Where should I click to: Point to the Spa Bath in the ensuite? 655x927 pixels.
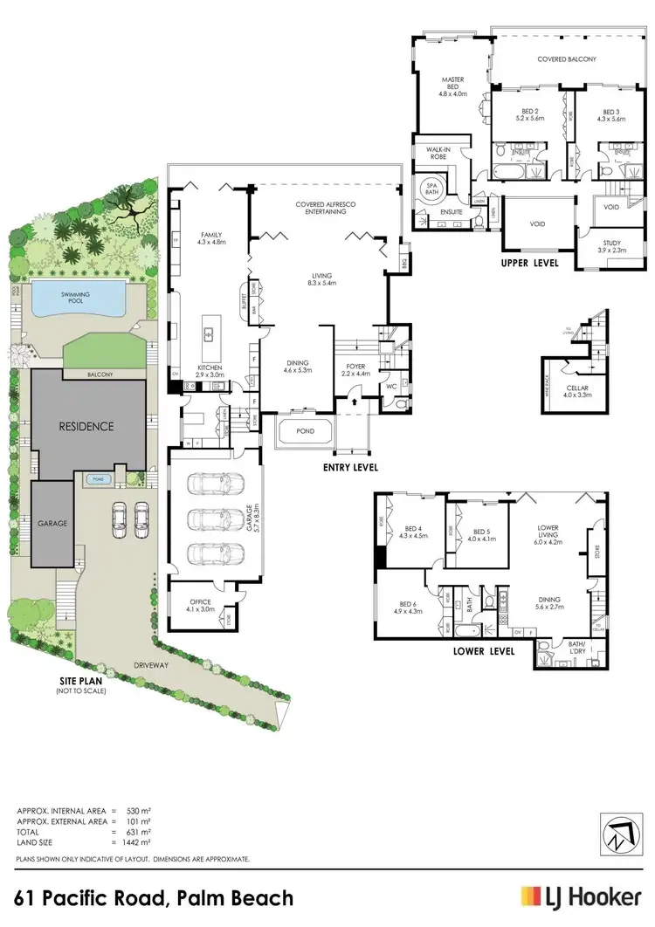click(431, 189)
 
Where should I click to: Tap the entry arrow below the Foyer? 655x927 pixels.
click(352, 402)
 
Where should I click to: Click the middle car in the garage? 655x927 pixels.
click(213, 519)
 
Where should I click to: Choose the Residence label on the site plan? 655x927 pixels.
click(86, 427)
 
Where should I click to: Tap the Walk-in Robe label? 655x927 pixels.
click(438, 154)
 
